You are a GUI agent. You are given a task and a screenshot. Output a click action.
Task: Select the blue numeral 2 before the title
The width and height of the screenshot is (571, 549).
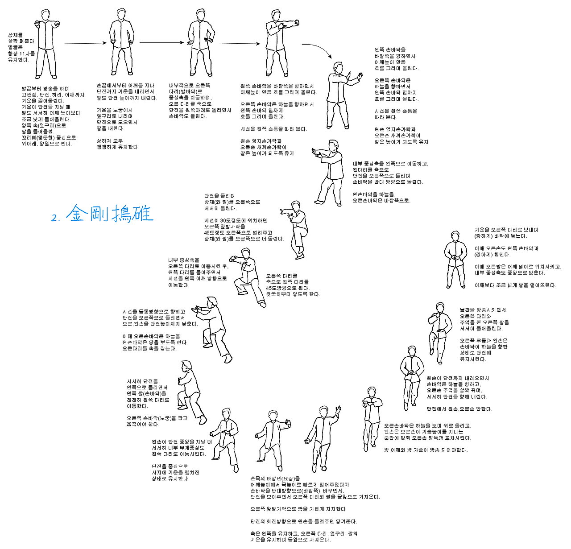point(55,218)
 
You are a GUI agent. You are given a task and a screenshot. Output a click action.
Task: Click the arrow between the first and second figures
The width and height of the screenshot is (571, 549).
point(85,43)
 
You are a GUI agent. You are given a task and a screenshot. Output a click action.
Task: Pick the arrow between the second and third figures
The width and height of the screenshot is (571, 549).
point(161,43)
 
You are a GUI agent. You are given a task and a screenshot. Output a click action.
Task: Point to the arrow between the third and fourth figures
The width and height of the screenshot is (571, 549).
point(240,43)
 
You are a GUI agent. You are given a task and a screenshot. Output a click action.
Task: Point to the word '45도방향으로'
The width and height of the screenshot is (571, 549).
point(281,288)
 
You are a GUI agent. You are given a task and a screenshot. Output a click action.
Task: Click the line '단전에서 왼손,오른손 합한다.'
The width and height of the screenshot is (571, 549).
point(459,409)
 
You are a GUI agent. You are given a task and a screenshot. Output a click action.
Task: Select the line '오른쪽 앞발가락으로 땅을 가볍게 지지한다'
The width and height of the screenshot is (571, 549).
point(298,509)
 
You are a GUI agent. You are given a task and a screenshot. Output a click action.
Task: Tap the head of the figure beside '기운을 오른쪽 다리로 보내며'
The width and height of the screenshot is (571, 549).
point(455,236)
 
